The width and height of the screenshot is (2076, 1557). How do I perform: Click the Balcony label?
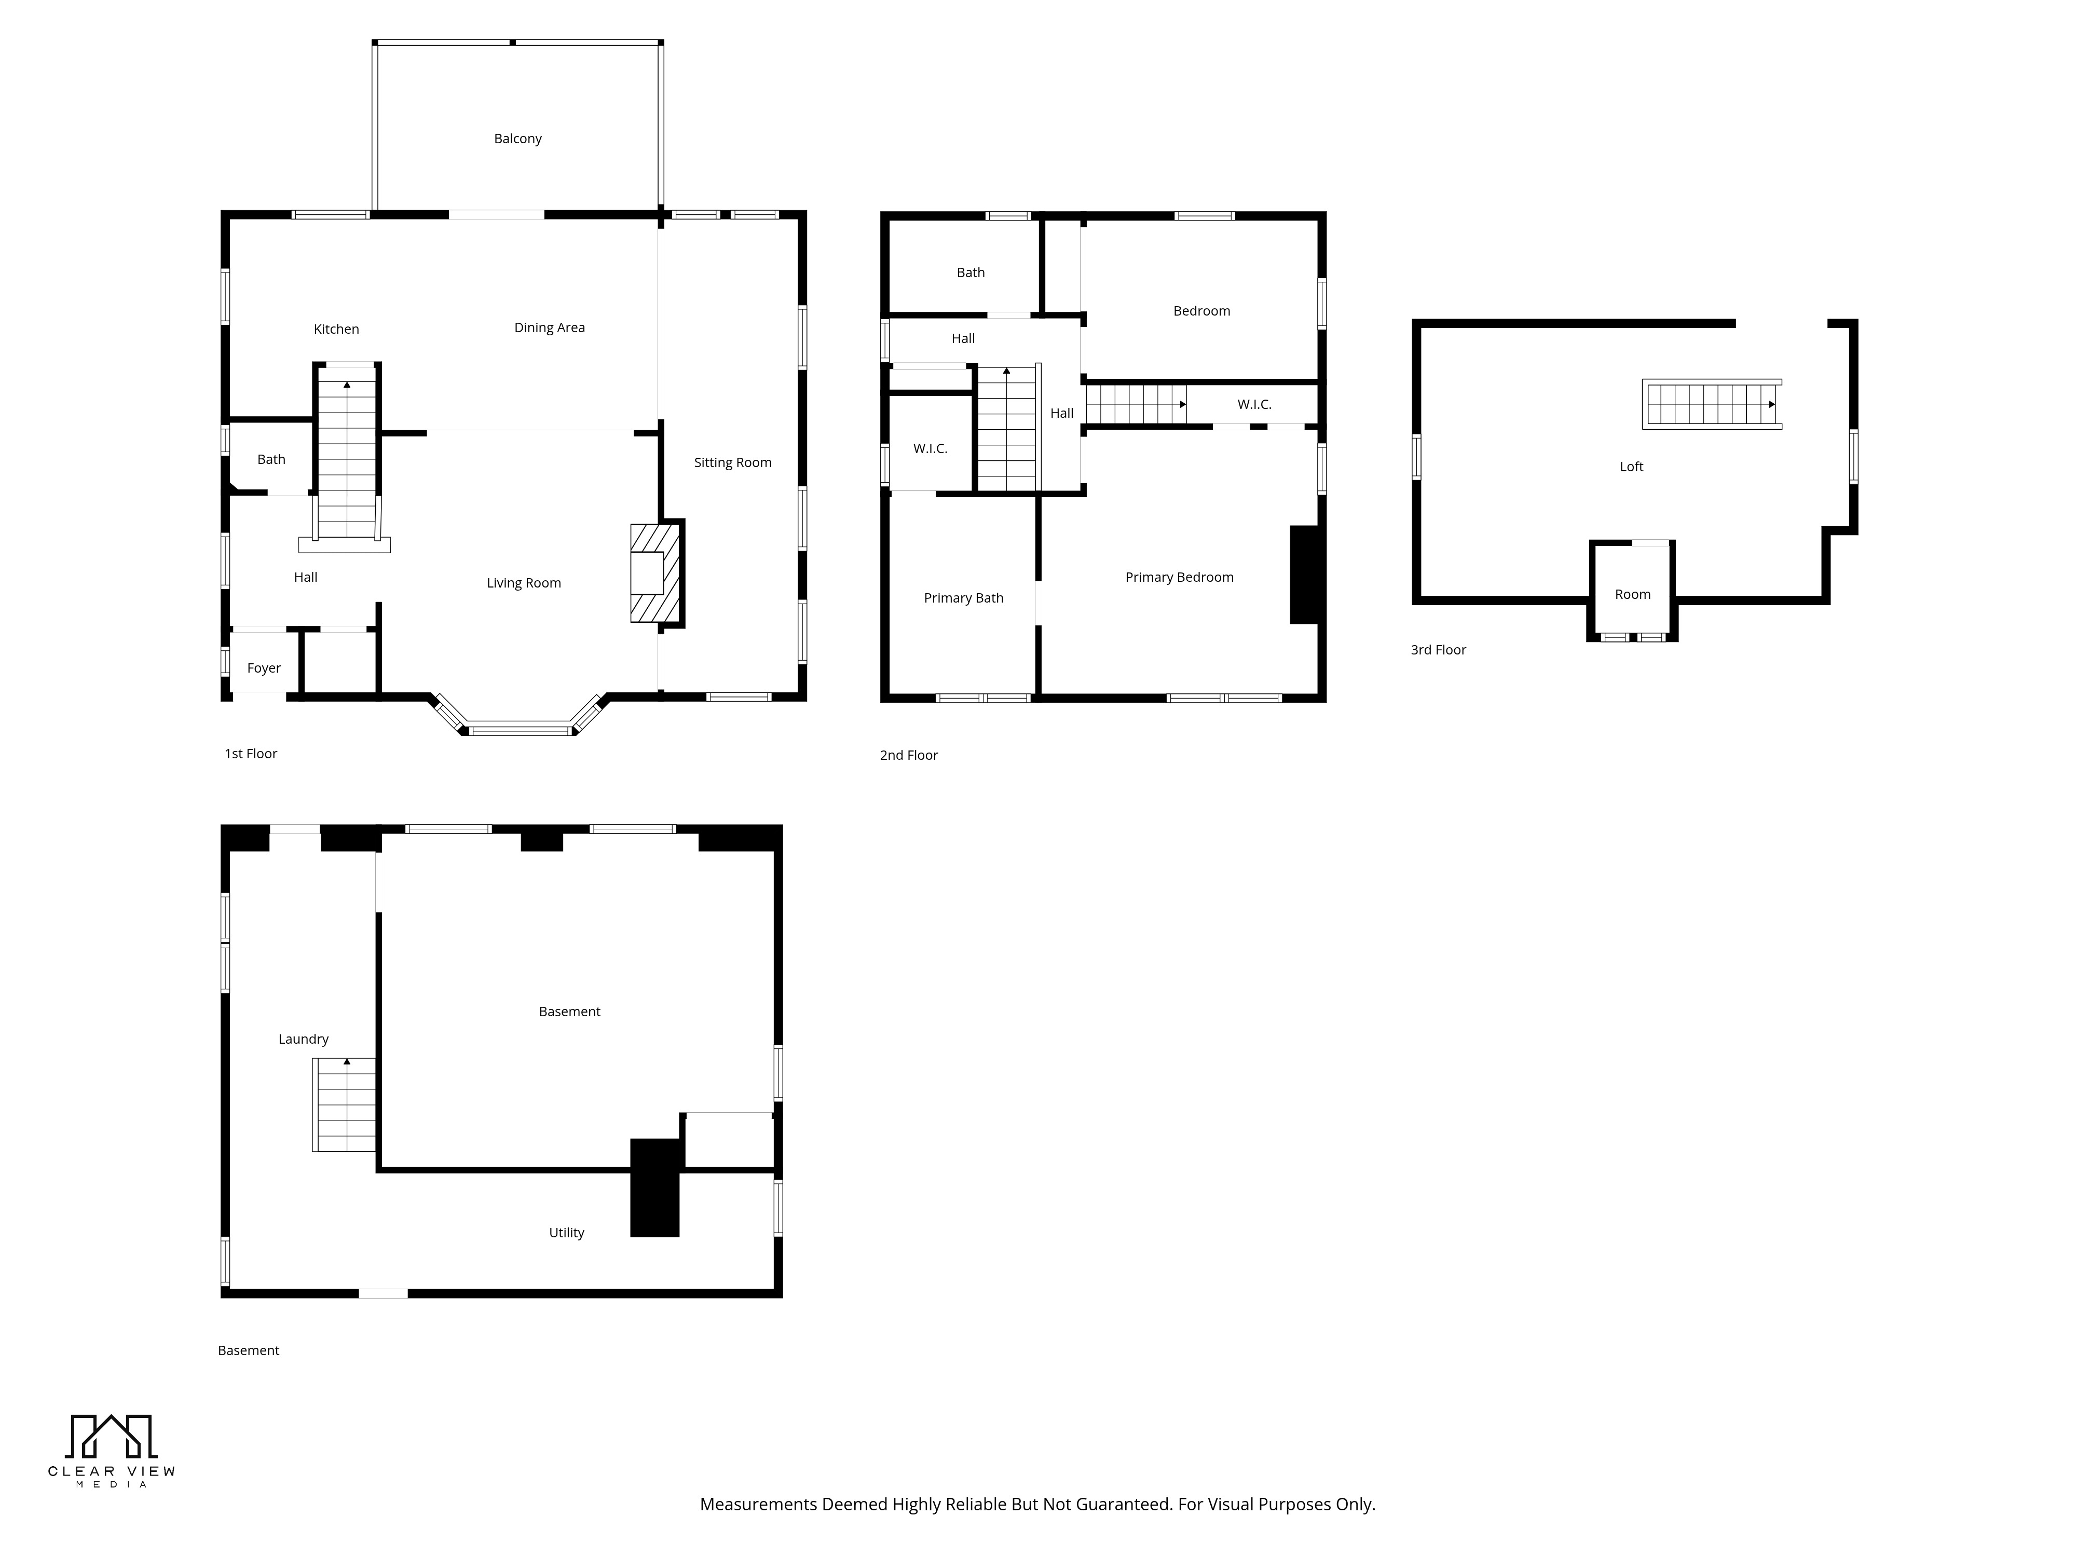[518, 139]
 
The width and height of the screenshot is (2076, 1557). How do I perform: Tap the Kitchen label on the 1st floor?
[336, 330]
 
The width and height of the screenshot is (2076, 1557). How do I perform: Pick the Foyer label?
[264, 668]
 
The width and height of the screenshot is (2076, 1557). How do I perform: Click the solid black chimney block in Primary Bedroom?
[1305, 575]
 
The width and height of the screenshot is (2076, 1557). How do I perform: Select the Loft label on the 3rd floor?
[1631, 467]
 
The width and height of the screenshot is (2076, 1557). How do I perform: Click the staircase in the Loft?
[1712, 404]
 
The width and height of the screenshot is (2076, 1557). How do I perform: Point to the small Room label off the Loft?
[1632, 594]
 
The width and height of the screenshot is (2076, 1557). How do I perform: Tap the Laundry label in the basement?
[303, 1039]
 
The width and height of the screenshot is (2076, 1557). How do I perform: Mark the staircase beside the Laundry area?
[345, 1104]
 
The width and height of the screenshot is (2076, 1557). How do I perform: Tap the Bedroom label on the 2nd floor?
[1201, 311]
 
